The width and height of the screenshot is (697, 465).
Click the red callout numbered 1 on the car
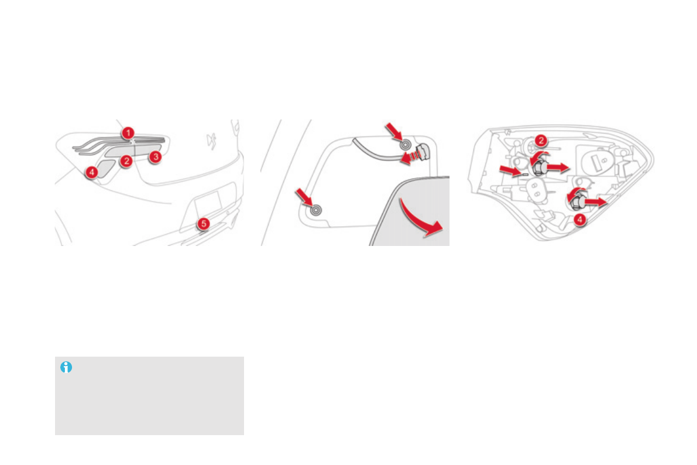128,133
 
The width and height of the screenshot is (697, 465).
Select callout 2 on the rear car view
126,160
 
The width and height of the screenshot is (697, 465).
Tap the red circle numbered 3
154,157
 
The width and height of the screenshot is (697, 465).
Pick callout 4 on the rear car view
91,172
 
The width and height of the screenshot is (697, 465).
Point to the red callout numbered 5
202,223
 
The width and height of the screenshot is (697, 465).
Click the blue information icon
66,367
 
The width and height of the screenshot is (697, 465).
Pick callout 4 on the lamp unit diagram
578,220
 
